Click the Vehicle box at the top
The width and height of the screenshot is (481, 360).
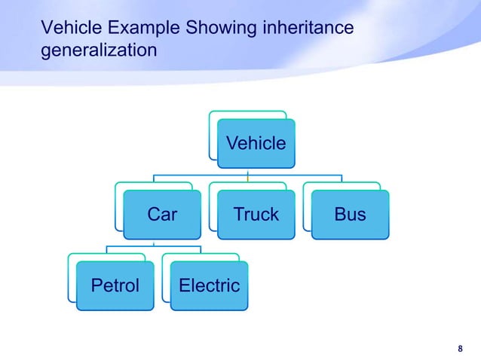pos(256,143)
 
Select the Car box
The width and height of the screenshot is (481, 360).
pos(162,215)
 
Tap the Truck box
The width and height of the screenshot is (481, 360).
pos(256,215)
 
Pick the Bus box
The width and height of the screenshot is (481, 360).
pos(351,215)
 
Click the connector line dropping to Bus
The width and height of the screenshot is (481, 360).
pos(342,178)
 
